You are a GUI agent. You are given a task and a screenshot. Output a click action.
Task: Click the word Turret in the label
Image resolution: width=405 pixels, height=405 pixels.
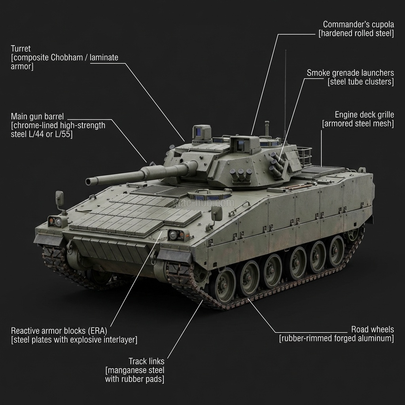tap(21, 49)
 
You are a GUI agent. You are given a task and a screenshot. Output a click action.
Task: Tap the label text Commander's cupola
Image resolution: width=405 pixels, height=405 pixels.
tap(358, 24)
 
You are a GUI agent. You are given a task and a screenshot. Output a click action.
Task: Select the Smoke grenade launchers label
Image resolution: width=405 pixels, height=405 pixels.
tap(350, 73)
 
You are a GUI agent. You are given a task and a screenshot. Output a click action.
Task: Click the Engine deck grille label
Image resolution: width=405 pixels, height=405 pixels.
tap(364, 115)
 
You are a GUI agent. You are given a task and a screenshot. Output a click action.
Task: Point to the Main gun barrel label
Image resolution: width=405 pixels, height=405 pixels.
tap(37, 116)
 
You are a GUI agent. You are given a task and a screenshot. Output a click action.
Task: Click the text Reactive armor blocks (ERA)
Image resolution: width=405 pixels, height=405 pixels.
tap(59, 330)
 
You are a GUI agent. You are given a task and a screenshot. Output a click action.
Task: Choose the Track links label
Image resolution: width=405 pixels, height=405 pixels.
tap(146, 361)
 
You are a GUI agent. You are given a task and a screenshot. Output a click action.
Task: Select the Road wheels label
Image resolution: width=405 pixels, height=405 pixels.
tap(372, 329)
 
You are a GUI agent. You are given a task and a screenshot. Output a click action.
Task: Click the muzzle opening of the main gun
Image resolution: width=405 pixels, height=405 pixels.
tap(89, 182)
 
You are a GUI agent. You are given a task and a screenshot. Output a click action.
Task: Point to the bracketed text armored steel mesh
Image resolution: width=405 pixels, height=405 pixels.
tap(358, 124)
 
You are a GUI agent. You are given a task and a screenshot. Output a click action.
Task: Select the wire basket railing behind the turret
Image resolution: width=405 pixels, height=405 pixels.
tap(304, 156)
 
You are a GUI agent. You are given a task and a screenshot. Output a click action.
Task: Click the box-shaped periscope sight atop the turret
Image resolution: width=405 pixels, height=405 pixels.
tap(201, 132)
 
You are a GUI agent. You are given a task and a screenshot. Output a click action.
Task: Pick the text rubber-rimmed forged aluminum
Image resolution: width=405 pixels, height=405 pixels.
tap(336, 339)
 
